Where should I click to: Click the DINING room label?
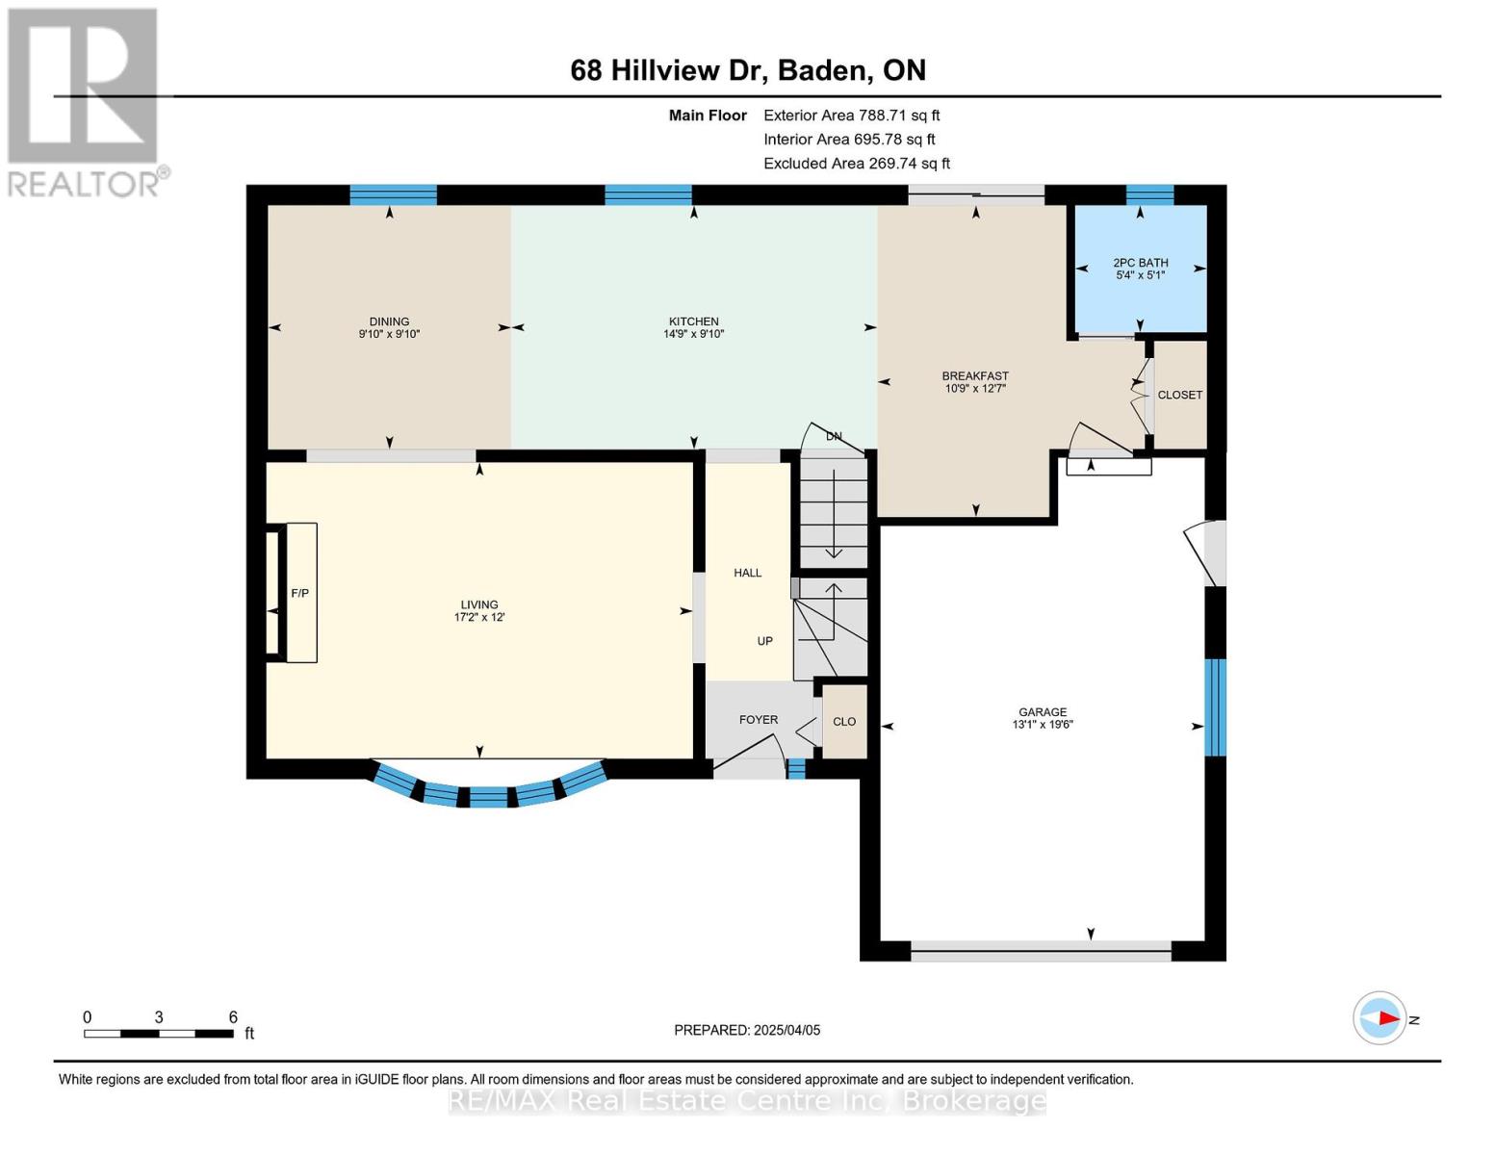click(389, 321)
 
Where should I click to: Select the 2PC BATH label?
click(1140, 262)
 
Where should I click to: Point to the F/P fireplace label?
click(299, 593)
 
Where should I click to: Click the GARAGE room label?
click(1043, 712)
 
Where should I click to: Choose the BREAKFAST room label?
click(975, 375)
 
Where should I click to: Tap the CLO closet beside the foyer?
click(844, 722)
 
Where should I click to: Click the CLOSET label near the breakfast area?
click(1180, 395)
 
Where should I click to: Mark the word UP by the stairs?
click(764, 640)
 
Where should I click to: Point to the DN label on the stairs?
click(833, 436)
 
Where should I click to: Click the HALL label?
click(747, 573)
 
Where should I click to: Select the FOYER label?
click(759, 720)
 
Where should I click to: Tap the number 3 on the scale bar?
click(159, 1016)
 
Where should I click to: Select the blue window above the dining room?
click(393, 194)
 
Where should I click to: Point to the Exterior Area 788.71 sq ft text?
click(851, 115)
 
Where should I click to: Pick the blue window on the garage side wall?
click(1215, 707)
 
